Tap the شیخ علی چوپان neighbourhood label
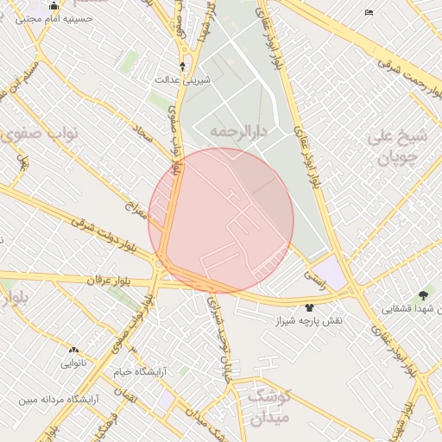click(x=398, y=147)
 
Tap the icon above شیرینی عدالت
click(x=182, y=66)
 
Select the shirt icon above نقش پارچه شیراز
click(x=309, y=307)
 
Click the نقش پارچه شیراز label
click(x=308, y=321)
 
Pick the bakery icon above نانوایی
click(x=73, y=350)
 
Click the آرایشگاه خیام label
click(x=139, y=372)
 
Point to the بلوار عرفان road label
click(x=108, y=281)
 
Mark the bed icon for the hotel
click(x=369, y=12)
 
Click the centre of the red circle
click(x=221, y=220)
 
